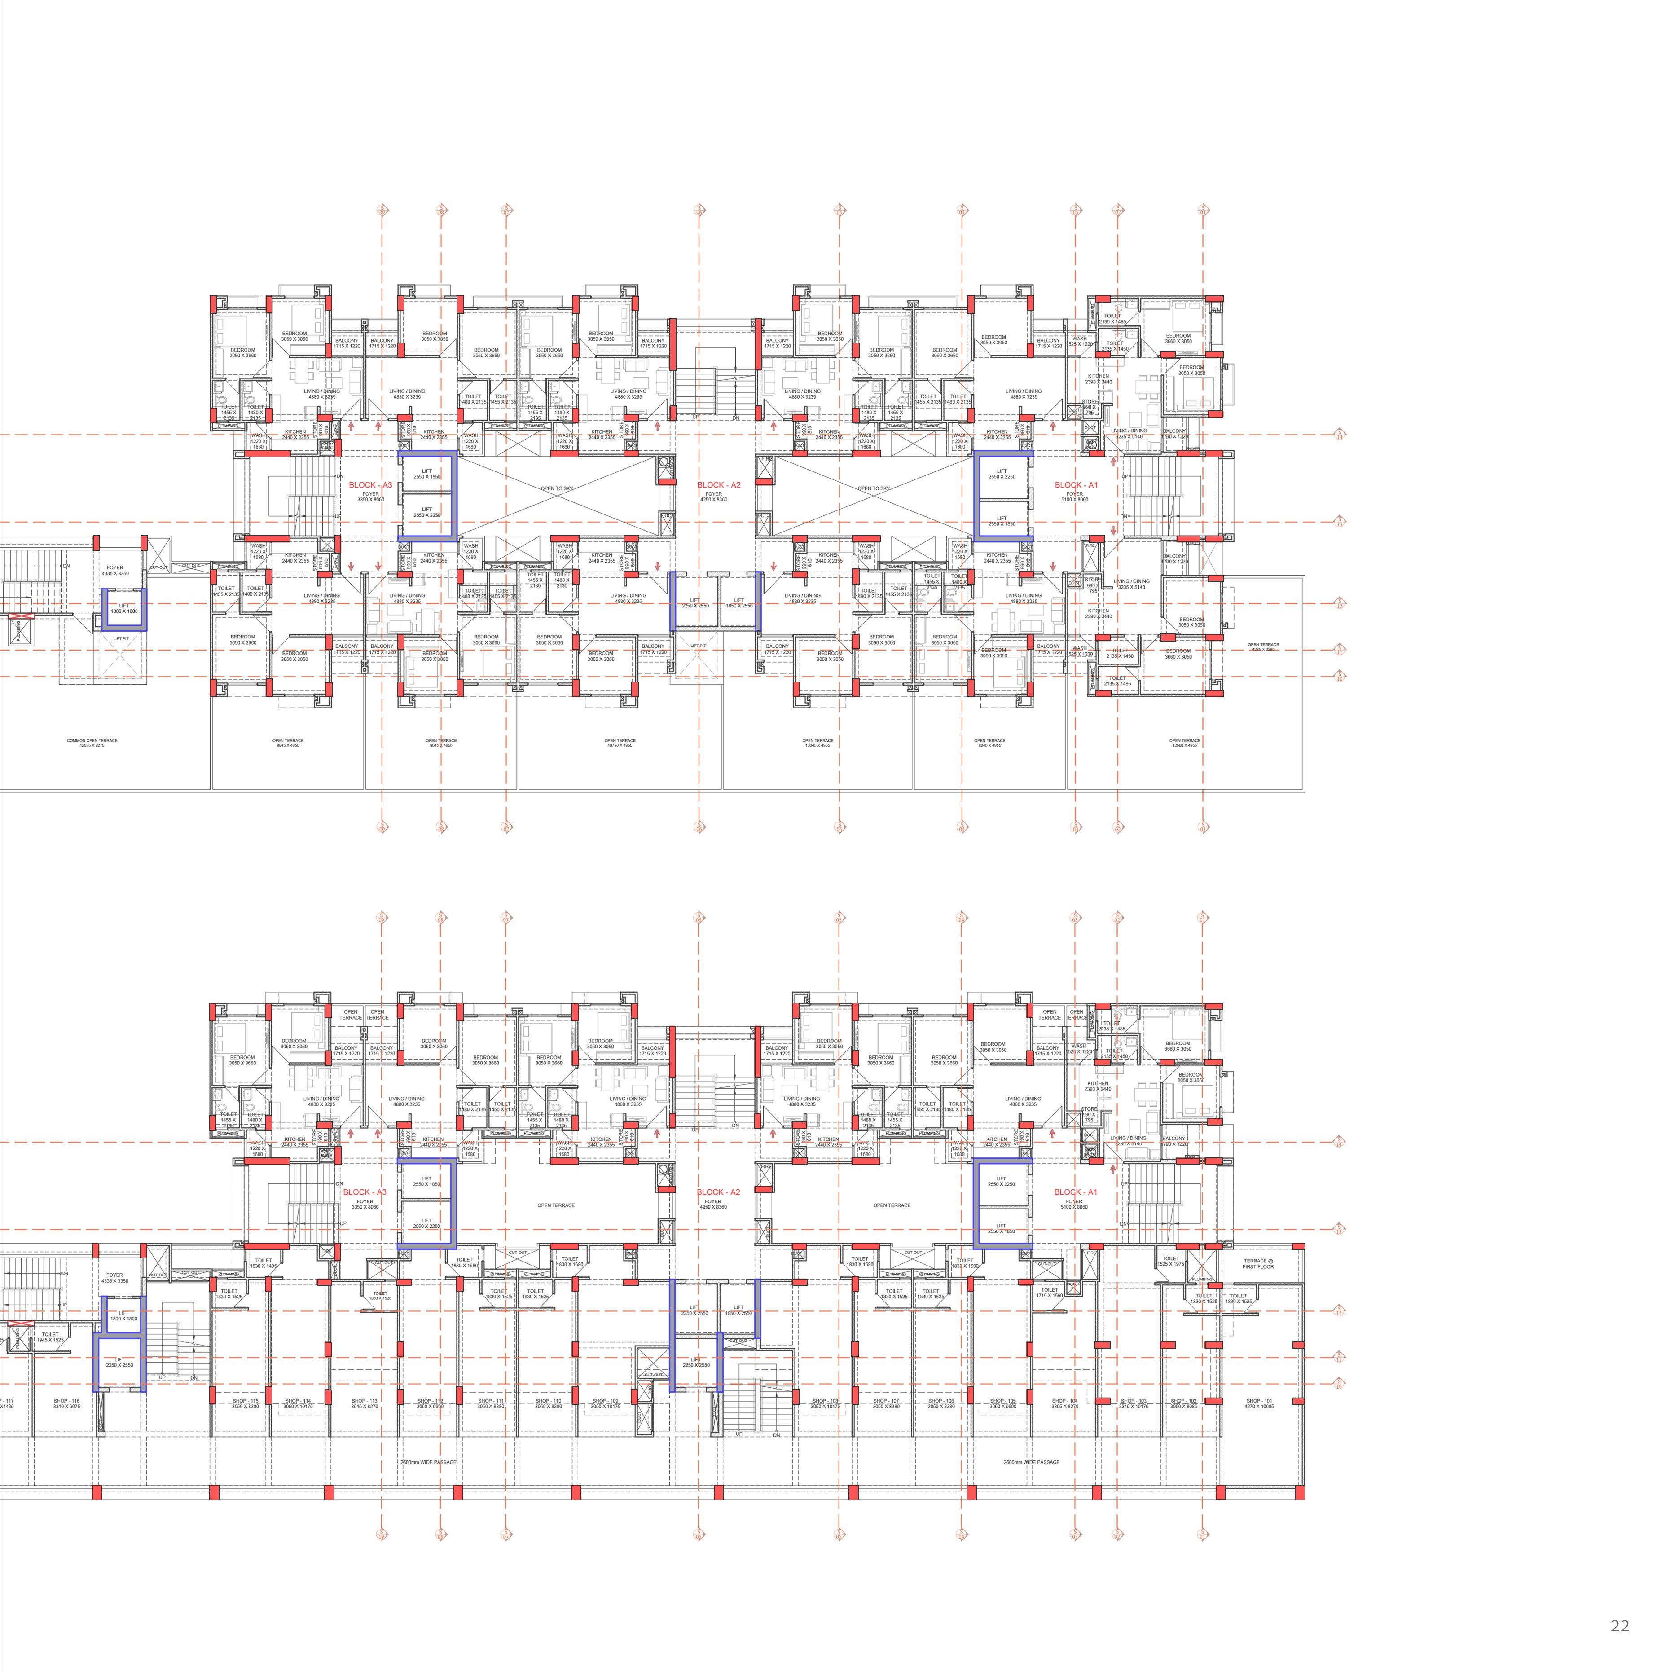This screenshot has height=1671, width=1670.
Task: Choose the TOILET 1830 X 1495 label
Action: (263, 1263)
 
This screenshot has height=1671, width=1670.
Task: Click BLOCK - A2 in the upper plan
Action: (719, 485)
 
